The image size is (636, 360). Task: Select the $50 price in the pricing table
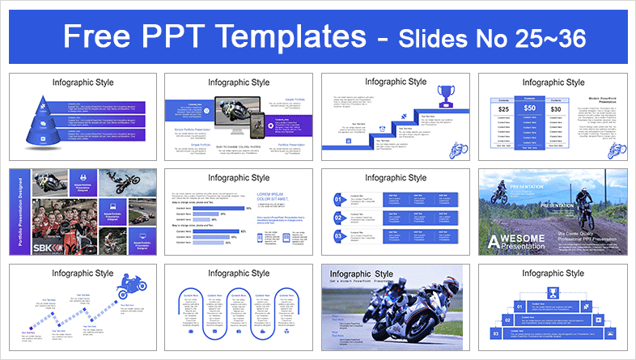pos(529,108)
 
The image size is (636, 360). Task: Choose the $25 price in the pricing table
pos(503,108)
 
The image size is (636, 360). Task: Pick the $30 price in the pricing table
pos(555,108)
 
